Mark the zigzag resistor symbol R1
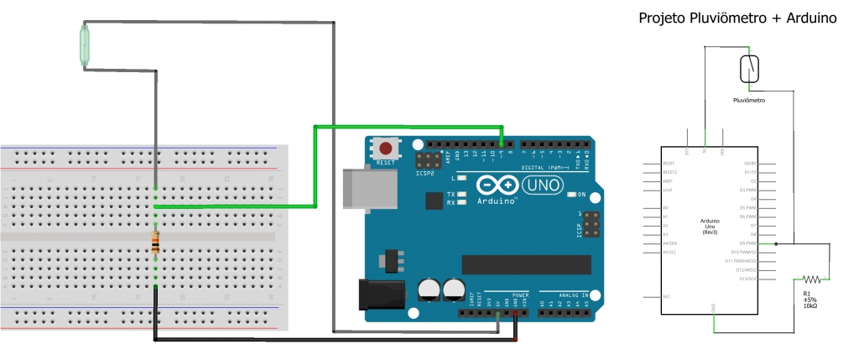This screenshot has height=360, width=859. tap(811, 279)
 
